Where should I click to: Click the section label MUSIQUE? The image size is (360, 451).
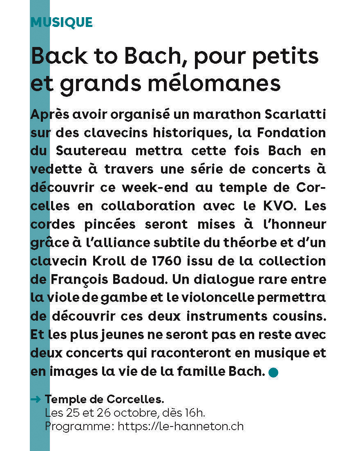click(x=62, y=22)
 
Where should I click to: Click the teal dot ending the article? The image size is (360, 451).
click(x=273, y=373)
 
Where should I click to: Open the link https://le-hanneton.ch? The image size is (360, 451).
click(x=180, y=426)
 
